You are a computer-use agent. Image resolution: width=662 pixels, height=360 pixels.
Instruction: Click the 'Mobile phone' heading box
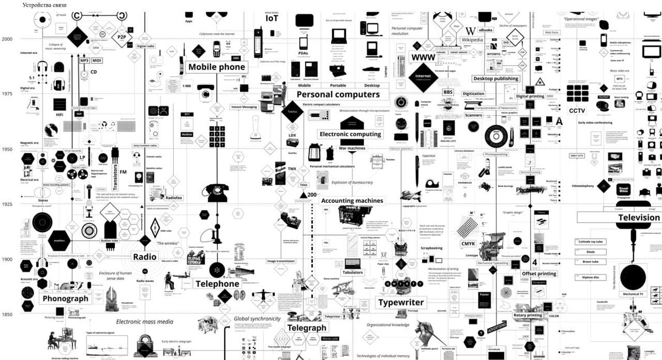(x=216, y=67)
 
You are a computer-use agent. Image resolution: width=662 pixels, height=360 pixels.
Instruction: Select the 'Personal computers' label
(x=338, y=94)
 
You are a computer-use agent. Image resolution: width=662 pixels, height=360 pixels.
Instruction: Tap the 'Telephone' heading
(x=217, y=284)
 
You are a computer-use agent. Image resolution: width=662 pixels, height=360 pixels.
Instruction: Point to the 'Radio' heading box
(x=145, y=256)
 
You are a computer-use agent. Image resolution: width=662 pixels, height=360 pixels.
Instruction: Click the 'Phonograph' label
(x=65, y=299)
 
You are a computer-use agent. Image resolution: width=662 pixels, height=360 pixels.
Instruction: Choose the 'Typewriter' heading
(x=401, y=303)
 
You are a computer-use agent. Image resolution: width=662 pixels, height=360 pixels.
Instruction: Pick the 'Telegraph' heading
(x=307, y=328)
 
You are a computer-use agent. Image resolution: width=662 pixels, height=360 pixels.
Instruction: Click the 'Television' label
(x=638, y=217)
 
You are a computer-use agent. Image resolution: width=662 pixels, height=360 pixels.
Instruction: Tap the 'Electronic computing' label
(x=350, y=134)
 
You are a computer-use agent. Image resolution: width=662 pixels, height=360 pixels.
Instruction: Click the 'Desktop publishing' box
(x=495, y=78)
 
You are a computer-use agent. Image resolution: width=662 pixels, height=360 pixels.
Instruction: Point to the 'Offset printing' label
(x=538, y=273)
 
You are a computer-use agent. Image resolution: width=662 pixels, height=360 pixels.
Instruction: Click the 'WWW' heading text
(x=424, y=57)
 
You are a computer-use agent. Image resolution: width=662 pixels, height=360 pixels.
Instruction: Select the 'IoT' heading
(x=272, y=18)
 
